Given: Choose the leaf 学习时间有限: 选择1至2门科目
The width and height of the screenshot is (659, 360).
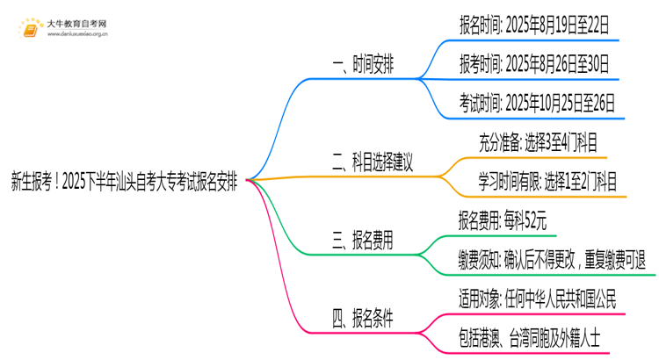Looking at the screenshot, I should [547, 182].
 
